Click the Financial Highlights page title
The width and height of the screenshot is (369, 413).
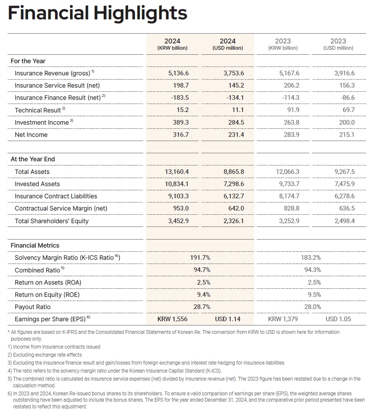pos(98,13)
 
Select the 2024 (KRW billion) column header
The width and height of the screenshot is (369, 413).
pos(172,44)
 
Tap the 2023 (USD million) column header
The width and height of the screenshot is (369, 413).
pos(338,44)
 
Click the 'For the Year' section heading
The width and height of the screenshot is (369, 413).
pos(28,61)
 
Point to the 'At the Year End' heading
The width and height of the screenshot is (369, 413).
pos(33,159)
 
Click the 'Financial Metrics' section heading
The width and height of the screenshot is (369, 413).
pos(35,245)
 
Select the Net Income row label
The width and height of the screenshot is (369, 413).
pos(31,135)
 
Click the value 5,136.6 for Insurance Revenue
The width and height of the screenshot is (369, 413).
pos(179,73)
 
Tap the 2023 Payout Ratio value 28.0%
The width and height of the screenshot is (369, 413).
pos(313,307)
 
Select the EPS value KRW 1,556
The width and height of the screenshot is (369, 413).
pos(173,319)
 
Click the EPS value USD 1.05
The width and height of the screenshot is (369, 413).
pos(338,319)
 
